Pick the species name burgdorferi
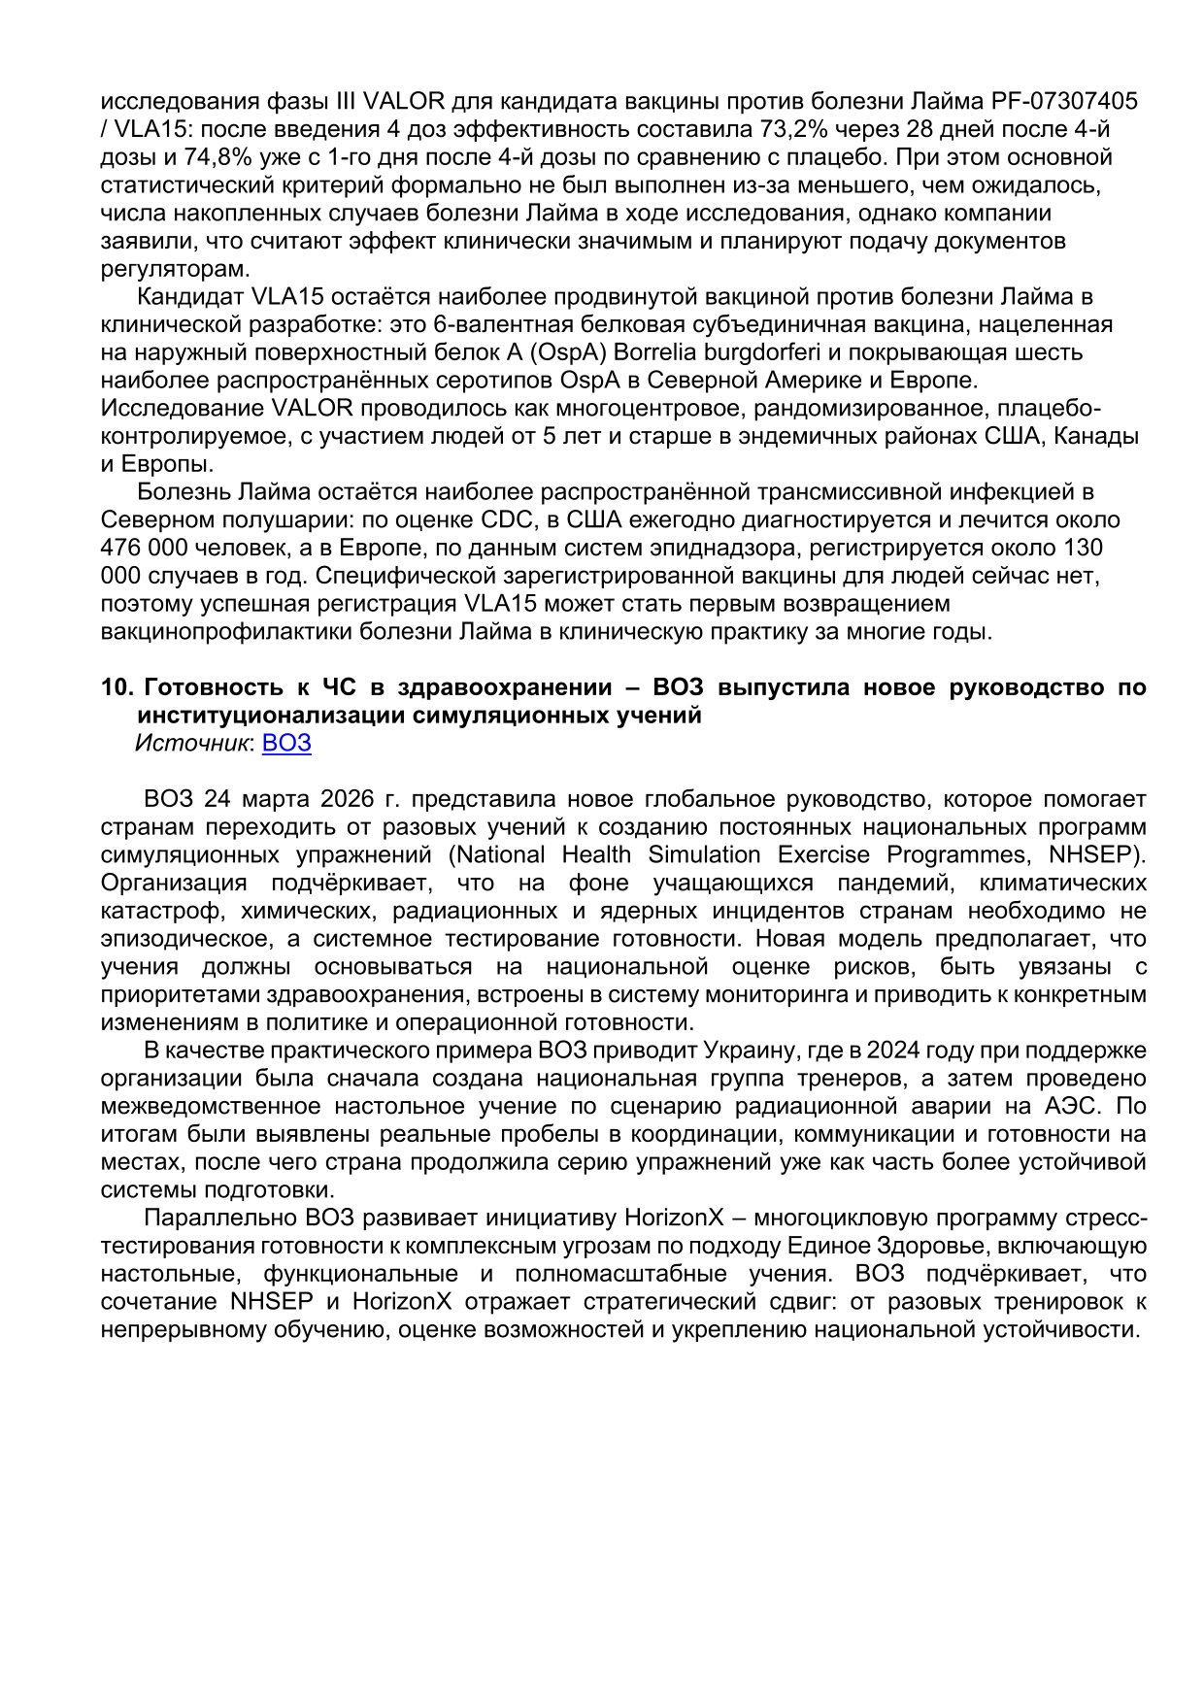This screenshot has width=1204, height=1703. [x=751, y=351]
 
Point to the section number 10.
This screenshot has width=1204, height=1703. [x=117, y=688]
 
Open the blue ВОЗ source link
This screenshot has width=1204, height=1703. [x=286, y=744]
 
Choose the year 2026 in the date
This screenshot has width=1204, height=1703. [x=347, y=800]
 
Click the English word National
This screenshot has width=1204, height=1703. [x=501, y=855]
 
